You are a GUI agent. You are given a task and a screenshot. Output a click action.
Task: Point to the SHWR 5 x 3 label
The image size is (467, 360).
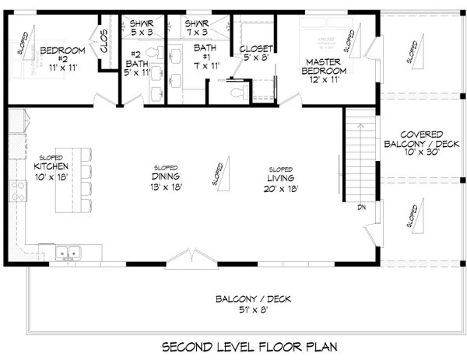(142, 29)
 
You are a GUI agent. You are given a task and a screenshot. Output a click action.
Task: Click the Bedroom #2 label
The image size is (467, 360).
(55, 55)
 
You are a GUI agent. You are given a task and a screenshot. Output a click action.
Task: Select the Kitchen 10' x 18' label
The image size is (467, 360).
(51, 172)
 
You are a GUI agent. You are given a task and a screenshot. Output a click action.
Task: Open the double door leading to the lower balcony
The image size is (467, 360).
(188, 257)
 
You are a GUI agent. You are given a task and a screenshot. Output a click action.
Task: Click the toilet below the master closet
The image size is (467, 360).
(240, 92)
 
